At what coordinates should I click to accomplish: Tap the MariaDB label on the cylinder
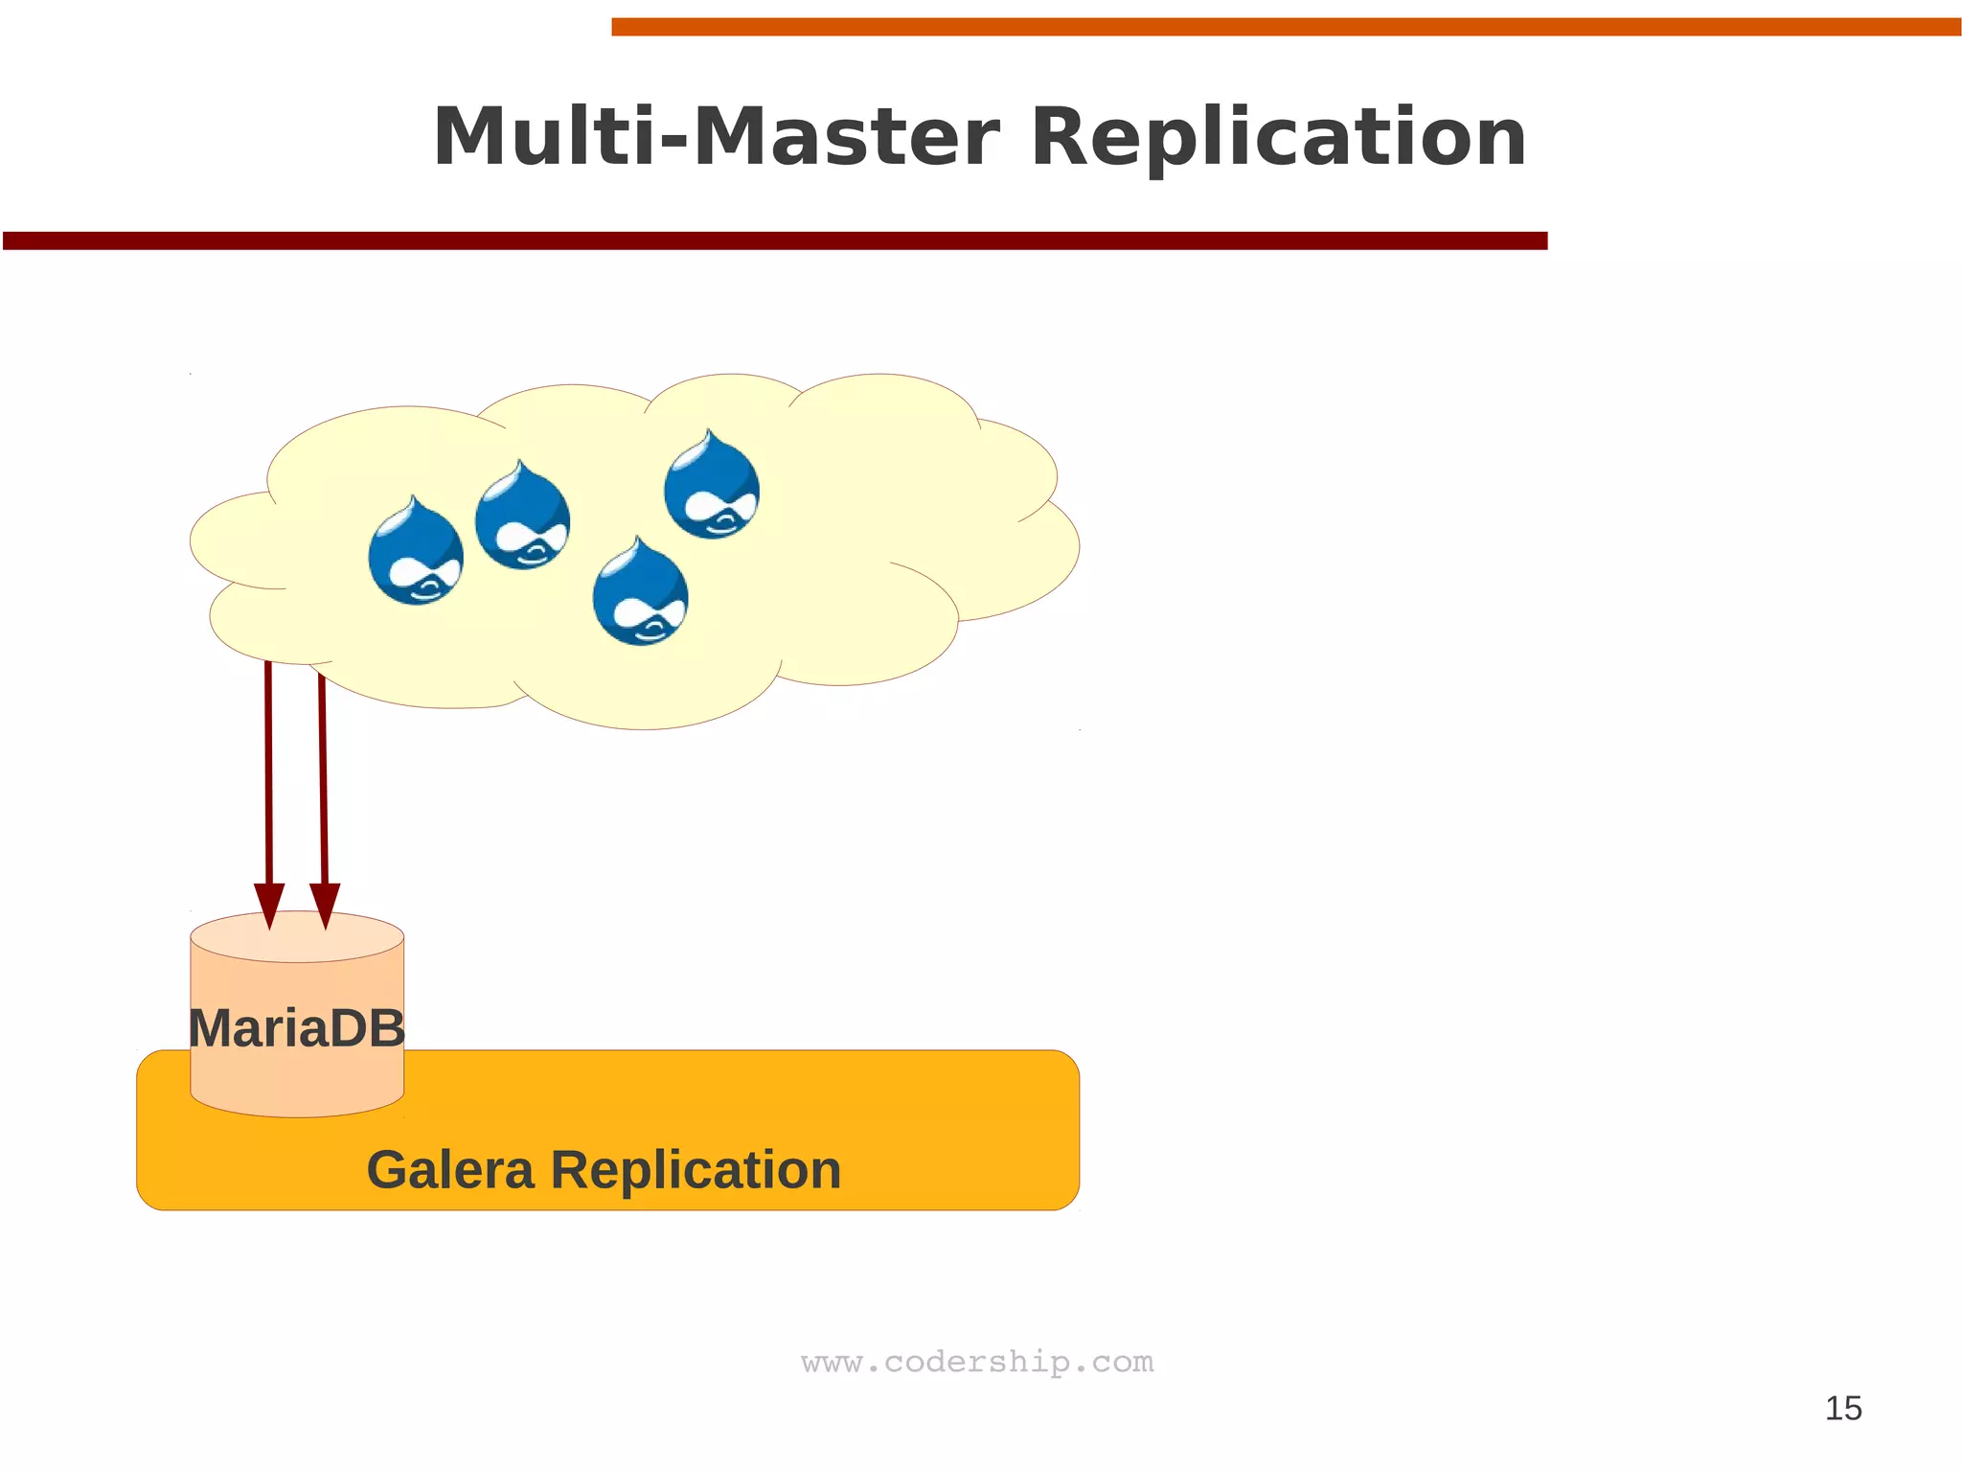pos(297,1028)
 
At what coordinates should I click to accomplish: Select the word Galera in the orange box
pos(450,1170)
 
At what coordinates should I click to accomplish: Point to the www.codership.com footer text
pos(977,1362)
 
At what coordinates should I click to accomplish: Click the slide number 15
pos(1843,1409)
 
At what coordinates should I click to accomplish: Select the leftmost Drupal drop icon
pos(416,552)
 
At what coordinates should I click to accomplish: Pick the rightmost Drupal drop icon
pos(712,486)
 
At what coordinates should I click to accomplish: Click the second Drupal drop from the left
pos(522,517)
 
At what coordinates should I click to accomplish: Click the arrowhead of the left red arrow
pos(269,905)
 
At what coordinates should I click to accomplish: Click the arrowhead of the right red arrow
pos(325,905)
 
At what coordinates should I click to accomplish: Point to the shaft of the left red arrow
pos(269,767)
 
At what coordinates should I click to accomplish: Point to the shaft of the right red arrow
pos(323,767)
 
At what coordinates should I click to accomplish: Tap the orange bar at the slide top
pos(1284,27)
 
